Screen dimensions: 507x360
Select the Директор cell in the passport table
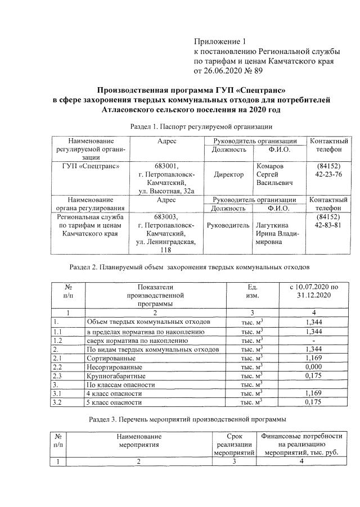pyautogui.click(x=228, y=175)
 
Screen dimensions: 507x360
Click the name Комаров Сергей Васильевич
pyautogui.click(x=274, y=175)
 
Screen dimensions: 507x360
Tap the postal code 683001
pyautogui.click(x=166, y=166)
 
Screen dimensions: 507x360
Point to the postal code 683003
pyautogui.click(x=166, y=216)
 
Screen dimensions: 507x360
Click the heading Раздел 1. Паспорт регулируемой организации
pyautogui.click(x=201, y=126)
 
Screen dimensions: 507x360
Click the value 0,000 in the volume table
pyautogui.click(x=312, y=366)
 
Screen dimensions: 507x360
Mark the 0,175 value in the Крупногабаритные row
pyautogui.click(x=312, y=375)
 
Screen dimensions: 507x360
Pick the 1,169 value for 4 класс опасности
pyautogui.click(x=312, y=393)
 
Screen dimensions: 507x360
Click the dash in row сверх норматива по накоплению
pyautogui.click(x=312, y=341)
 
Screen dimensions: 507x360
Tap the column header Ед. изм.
pyautogui.click(x=252, y=291)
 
